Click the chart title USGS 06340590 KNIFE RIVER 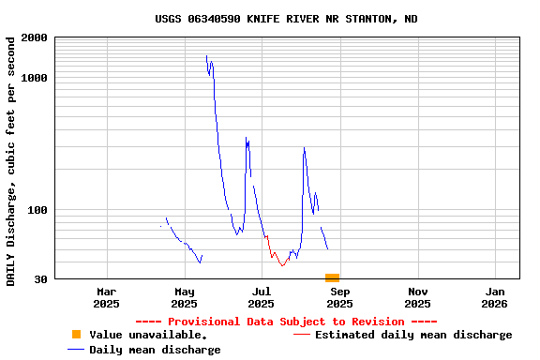pyautogui.click(x=286, y=19)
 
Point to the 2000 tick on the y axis pyautogui.click(x=35, y=37)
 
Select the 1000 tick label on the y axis pyautogui.click(x=35, y=78)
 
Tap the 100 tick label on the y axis pyautogui.click(x=37, y=210)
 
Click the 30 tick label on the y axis pyautogui.click(x=40, y=279)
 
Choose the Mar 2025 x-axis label pyautogui.click(x=106, y=297)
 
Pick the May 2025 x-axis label pyautogui.click(x=184, y=297)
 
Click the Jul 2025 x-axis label pyautogui.click(x=262, y=297)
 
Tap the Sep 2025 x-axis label pyautogui.click(x=339, y=297)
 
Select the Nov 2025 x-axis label pyautogui.click(x=417, y=297)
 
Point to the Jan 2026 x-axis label pyautogui.click(x=494, y=297)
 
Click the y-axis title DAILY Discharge pyautogui.click(x=11, y=161)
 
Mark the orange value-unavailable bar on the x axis pyautogui.click(x=332, y=277)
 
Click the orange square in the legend pyautogui.click(x=76, y=335)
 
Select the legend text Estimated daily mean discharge pyautogui.click(x=413, y=335)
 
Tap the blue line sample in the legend pyautogui.click(x=76, y=350)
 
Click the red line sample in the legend pyautogui.click(x=301, y=335)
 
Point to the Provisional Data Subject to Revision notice pyautogui.click(x=286, y=322)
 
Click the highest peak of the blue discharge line pyautogui.click(x=206, y=56)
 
